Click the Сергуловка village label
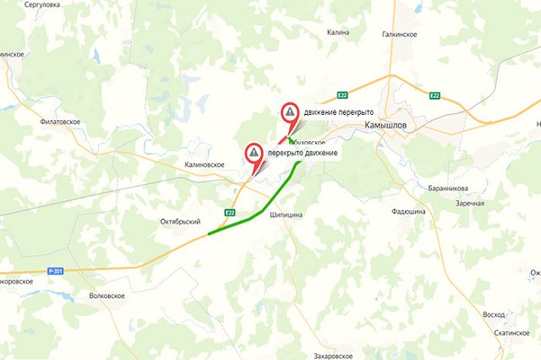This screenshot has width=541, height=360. coord(42,5)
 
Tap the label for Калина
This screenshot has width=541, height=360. coord(337,33)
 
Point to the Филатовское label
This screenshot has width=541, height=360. coord(60,122)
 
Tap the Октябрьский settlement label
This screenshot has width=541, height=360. coord(180,221)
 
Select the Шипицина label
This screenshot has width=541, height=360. coord(286,216)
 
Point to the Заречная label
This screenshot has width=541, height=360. coord(469,204)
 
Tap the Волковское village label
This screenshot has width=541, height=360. coord(107,296)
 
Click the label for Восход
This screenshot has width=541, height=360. coord(493,314)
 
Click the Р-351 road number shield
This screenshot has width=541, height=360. coord(56,270)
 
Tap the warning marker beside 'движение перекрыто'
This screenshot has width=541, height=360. coord(290,111)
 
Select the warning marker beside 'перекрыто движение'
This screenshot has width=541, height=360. coord(254,151)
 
